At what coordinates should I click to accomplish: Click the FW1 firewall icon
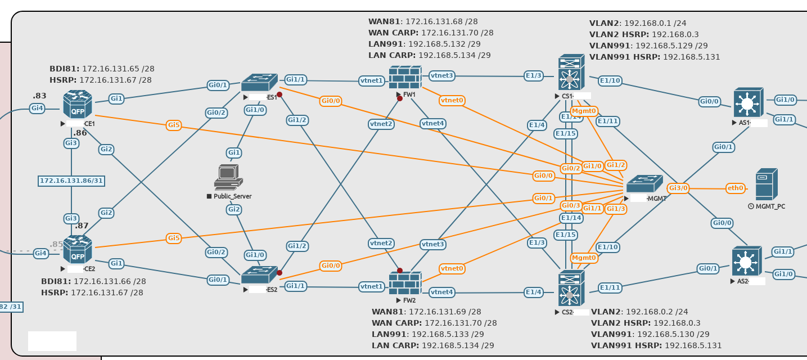pyautogui.click(x=405, y=78)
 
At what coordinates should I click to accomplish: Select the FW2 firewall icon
pyautogui.click(x=405, y=283)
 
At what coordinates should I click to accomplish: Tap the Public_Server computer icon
pyautogui.click(x=228, y=177)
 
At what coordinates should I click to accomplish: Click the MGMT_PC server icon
pyautogui.click(x=766, y=184)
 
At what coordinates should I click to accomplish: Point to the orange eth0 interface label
pyautogui.click(x=735, y=188)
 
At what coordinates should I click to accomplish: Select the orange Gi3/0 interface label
pyautogui.click(x=678, y=188)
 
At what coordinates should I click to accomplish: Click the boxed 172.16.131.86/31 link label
pyautogui.click(x=71, y=181)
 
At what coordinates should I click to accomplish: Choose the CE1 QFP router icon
pyautogui.click(x=77, y=104)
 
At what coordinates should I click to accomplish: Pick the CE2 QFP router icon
pyautogui.click(x=77, y=249)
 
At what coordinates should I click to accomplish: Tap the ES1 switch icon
pyautogui.click(x=259, y=83)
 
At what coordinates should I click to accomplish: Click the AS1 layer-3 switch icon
pyautogui.click(x=748, y=102)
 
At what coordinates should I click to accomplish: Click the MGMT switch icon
pyautogui.click(x=644, y=184)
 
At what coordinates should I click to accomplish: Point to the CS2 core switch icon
pyautogui.click(x=571, y=288)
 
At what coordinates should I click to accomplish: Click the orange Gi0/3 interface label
pyautogui.click(x=571, y=205)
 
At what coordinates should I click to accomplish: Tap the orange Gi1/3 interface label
pyautogui.click(x=616, y=209)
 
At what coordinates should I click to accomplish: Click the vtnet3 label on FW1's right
pyautogui.click(x=441, y=75)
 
